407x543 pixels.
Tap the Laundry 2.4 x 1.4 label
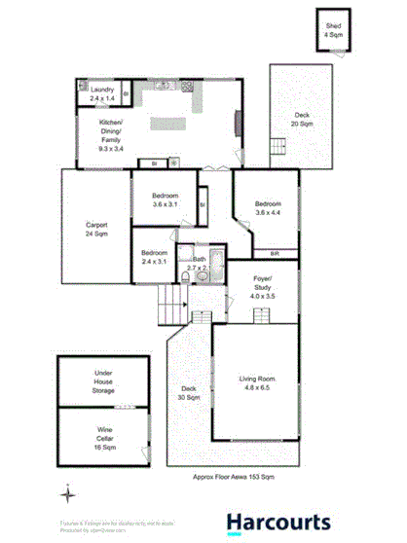[103, 94]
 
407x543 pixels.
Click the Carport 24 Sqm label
[96, 231]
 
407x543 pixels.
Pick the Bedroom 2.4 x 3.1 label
[154, 257]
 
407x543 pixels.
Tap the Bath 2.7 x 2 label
[199, 263]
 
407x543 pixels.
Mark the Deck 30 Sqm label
[189, 394]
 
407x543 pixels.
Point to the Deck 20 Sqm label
[304, 121]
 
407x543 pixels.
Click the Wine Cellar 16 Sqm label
[104, 433]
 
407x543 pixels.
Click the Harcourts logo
[278, 523]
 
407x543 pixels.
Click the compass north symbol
[67, 494]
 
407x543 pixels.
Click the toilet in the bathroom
[202, 277]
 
